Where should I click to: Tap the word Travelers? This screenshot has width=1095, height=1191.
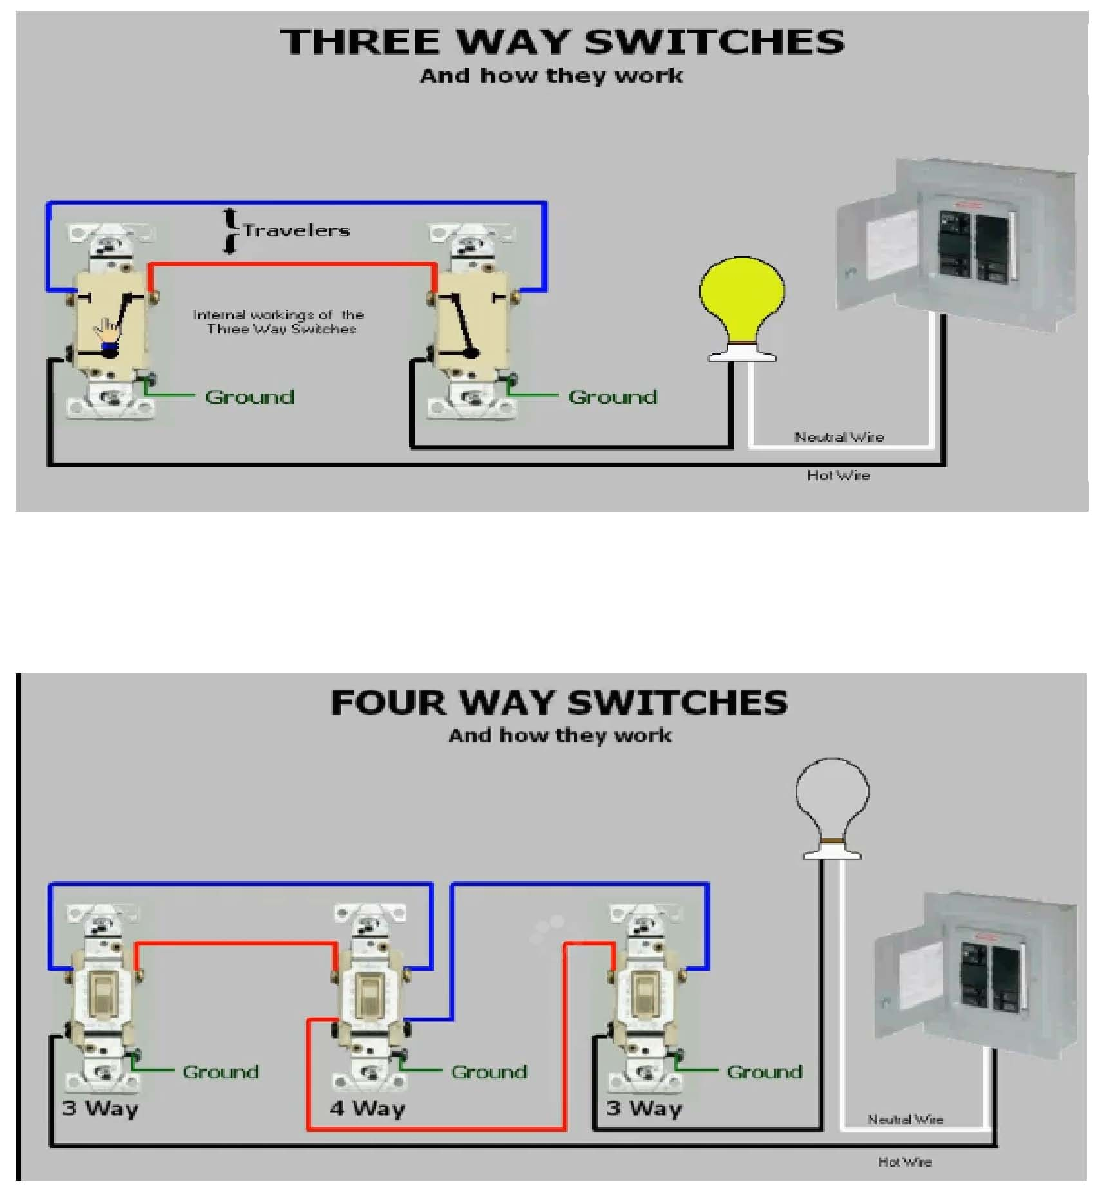296,230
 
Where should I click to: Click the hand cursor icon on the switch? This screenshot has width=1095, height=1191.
108,330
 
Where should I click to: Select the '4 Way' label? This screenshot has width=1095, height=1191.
367,1108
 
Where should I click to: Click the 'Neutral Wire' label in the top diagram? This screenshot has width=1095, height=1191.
839,437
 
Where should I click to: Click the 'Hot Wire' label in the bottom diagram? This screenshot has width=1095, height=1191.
904,1161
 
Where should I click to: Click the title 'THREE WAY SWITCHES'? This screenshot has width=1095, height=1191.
562,42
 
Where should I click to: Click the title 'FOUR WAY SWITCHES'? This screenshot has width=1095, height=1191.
559,702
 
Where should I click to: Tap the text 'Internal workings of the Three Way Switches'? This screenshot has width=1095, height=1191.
279,321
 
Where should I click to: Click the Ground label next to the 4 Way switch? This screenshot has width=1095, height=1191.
488,1072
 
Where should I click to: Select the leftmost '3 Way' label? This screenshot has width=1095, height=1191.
100,1108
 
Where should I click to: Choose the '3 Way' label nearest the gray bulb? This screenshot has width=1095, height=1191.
643,1108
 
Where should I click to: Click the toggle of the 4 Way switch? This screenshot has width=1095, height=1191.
368,995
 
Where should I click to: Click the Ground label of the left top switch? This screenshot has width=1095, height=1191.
249,397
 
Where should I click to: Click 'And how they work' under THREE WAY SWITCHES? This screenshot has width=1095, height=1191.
551,76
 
